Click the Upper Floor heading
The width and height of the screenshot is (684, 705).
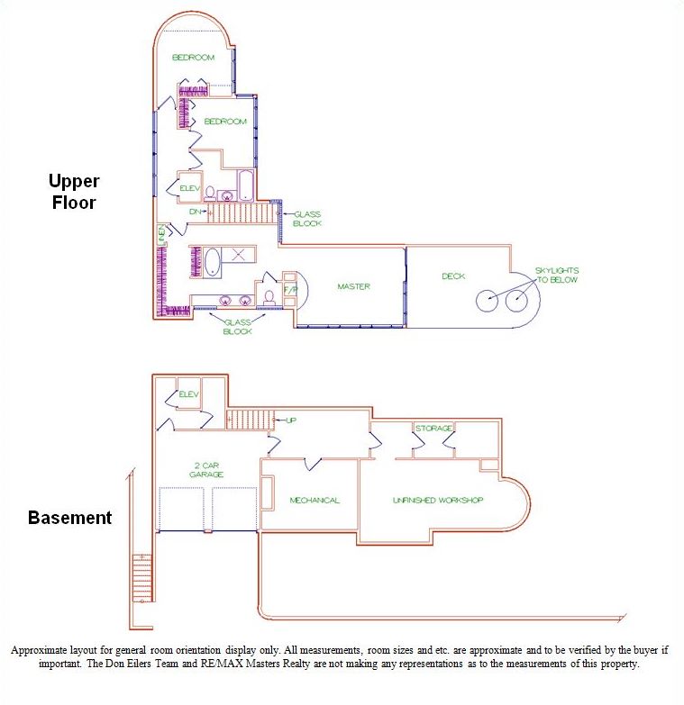pyautogui.click(x=72, y=192)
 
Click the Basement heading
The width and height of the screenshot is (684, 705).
pyautogui.click(x=69, y=518)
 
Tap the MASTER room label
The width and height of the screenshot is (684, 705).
pyautogui.click(x=354, y=286)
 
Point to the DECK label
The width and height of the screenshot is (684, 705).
pyautogui.click(x=453, y=276)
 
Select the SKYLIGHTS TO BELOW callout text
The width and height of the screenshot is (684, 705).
pyautogui.click(x=557, y=275)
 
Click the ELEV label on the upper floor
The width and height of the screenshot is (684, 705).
pyautogui.click(x=190, y=188)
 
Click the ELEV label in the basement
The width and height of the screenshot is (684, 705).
pyautogui.click(x=188, y=394)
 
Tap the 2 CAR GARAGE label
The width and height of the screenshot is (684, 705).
pyautogui.click(x=206, y=470)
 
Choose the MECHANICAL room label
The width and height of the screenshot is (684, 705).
pyautogui.click(x=315, y=501)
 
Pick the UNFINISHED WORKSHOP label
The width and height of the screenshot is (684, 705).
pyautogui.click(x=439, y=500)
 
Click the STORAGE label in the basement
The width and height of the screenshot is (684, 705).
pyautogui.click(x=433, y=428)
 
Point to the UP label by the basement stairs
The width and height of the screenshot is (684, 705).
pyautogui.click(x=291, y=420)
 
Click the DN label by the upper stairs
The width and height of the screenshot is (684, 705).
pyautogui.click(x=196, y=212)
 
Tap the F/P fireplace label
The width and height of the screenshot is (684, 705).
pyautogui.click(x=290, y=290)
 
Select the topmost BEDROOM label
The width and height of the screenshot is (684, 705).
pyautogui.click(x=194, y=58)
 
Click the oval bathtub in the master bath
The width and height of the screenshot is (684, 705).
pyautogui.click(x=213, y=262)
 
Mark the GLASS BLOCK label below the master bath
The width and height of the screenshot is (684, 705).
pyautogui.click(x=237, y=327)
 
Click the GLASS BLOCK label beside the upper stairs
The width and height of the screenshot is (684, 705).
pyautogui.click(x=307, y=219)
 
